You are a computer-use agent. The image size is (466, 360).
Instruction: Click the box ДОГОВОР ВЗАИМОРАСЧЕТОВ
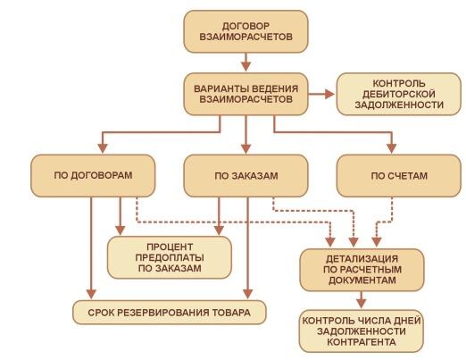coord(245,31)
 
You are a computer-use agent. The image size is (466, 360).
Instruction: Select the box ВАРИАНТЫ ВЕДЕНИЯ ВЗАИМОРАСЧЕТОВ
coord(245,94)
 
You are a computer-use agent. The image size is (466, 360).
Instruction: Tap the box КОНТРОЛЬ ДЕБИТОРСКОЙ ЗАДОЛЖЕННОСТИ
coord(399,94)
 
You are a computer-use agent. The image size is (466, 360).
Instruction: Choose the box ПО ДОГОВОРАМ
coord(93,176)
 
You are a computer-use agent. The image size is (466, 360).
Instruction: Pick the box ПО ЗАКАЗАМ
coord(245,176)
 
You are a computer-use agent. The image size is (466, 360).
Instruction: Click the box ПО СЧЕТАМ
coord(399,176)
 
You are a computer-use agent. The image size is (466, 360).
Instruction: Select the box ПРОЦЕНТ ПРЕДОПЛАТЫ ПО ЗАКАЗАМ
coord(170,257)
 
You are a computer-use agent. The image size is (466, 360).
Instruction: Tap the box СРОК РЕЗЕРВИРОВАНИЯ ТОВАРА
coord(170,313)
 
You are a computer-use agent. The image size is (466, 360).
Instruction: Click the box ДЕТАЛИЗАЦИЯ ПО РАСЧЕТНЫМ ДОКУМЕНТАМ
coord(362,270)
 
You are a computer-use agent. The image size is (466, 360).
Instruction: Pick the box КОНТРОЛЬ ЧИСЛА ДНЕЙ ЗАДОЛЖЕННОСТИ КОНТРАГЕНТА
coord(362,331)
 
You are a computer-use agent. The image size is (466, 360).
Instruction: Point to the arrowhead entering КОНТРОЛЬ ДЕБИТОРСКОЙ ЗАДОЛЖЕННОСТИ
coord(329,94)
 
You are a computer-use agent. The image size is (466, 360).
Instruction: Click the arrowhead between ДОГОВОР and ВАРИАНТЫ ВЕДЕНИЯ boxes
coord(245,66)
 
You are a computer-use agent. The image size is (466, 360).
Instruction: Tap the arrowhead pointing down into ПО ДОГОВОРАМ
coord(103,148)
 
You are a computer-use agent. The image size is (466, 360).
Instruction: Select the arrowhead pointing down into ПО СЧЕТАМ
coord(392,148)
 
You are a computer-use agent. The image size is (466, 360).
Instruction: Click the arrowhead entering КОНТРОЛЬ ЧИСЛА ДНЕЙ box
coord(362,304)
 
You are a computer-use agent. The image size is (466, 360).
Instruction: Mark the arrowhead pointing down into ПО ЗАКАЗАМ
coord(245,148)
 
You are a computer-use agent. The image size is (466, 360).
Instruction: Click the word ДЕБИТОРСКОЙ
coord(399,94)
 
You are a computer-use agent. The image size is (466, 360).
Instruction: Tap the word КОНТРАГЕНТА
coord(362,342)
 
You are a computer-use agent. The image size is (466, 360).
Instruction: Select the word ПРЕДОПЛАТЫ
coord(170,257)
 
